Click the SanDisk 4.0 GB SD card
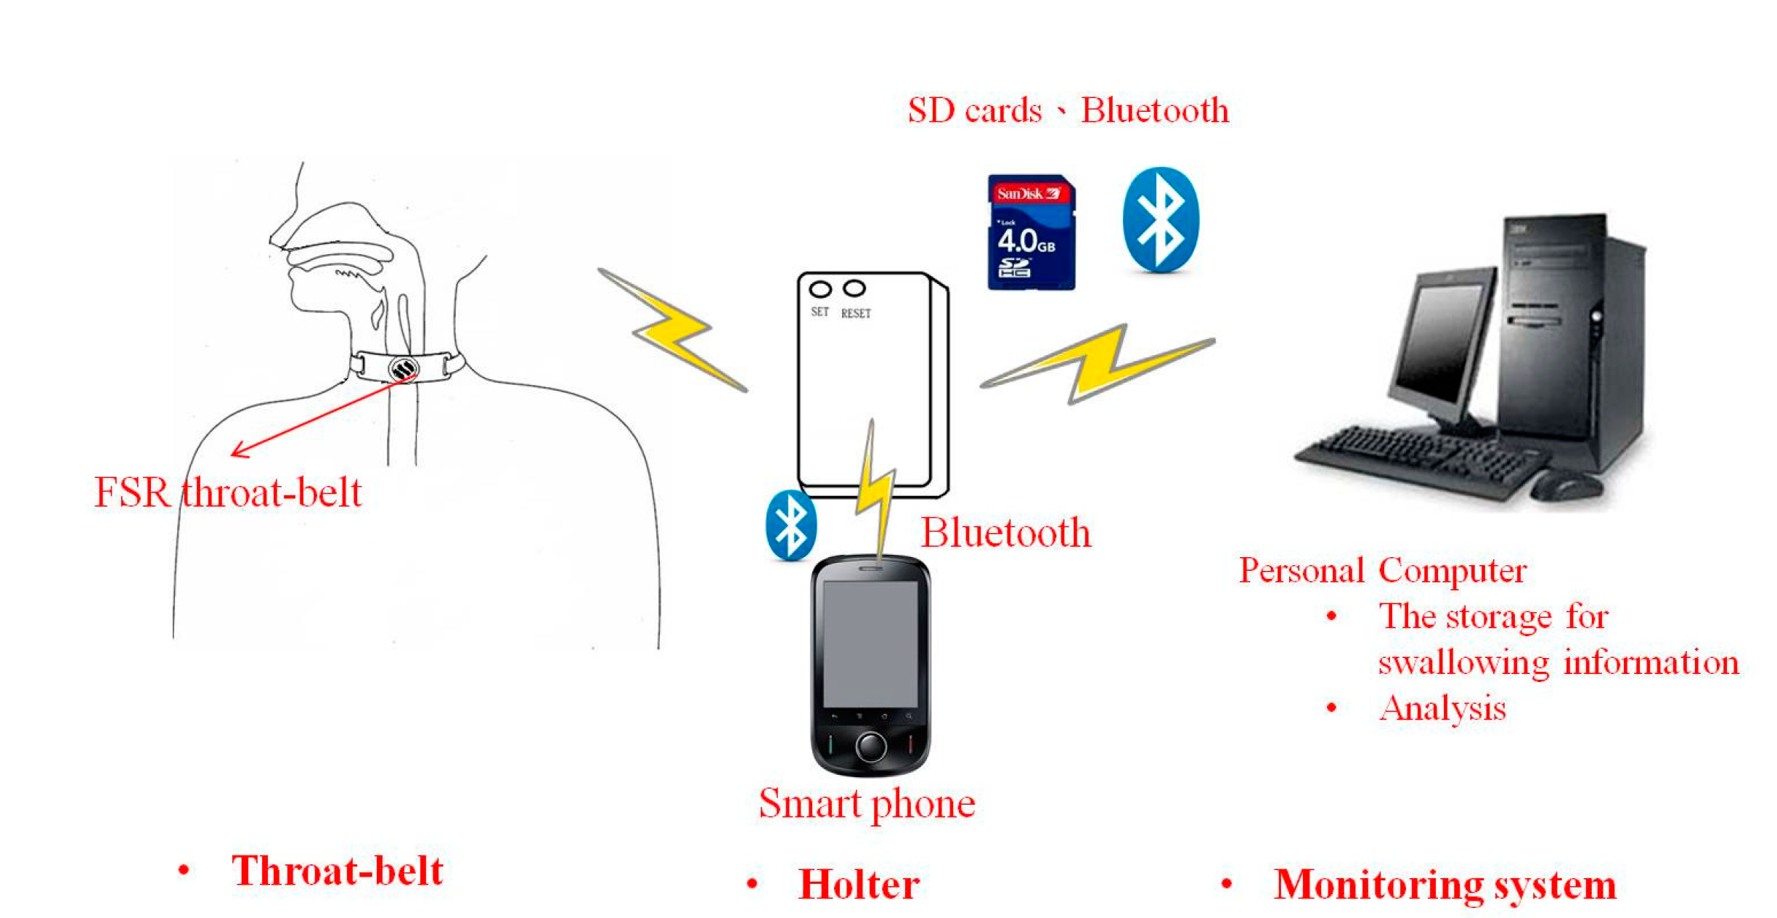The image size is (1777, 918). [1031, 232]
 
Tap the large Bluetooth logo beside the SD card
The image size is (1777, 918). [1160, 220]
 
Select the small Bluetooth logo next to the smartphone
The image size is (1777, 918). [791, 525]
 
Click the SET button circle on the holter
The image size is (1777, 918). [820, 290]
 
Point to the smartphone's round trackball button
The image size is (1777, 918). [870, 746]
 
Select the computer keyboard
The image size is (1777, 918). [1416, 458]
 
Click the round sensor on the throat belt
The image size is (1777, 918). [403, 368]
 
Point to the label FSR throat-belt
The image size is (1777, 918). [228, 493]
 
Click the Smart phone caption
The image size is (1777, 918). [867, 804]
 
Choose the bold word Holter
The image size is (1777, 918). [859, 885]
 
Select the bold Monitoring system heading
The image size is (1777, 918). [1445, 885]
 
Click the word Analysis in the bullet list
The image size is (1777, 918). [1442, 708]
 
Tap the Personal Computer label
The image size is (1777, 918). [1382, 571]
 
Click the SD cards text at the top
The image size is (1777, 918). [974, 110]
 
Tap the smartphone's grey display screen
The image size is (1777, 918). [870, 643]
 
